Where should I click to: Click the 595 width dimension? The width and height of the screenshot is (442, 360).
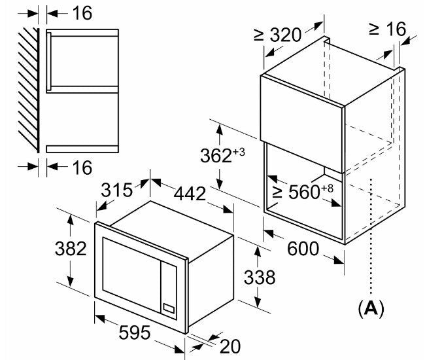(135, 333)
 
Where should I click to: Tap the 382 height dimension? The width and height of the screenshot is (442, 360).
(71, 249)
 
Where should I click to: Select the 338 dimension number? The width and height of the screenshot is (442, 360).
(260, 277)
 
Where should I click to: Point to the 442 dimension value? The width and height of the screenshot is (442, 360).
(190, 194)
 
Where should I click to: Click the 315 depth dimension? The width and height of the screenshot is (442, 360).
(116, 190)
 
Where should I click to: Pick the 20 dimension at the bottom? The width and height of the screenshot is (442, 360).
(230, 346)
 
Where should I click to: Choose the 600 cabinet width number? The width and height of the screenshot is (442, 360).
(303, 249)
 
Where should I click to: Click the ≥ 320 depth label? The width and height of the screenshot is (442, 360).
(277, 35)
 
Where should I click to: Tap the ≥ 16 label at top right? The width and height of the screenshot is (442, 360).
(387, 29)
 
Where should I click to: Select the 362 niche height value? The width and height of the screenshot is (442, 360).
(216, 156)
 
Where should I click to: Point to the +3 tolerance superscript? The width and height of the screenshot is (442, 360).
(239, 153)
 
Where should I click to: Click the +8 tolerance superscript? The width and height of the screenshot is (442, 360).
(327, 189)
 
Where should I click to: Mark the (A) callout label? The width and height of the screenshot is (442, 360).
(371, 309)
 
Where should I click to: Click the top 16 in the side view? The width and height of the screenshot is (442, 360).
(82, 13)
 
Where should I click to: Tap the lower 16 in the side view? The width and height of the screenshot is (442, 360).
(82, 168)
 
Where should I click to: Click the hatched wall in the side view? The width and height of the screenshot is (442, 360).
(29, 90)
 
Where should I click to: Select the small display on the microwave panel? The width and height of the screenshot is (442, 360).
(169, 308)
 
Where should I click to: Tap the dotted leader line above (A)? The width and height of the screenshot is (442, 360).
(371, 238)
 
